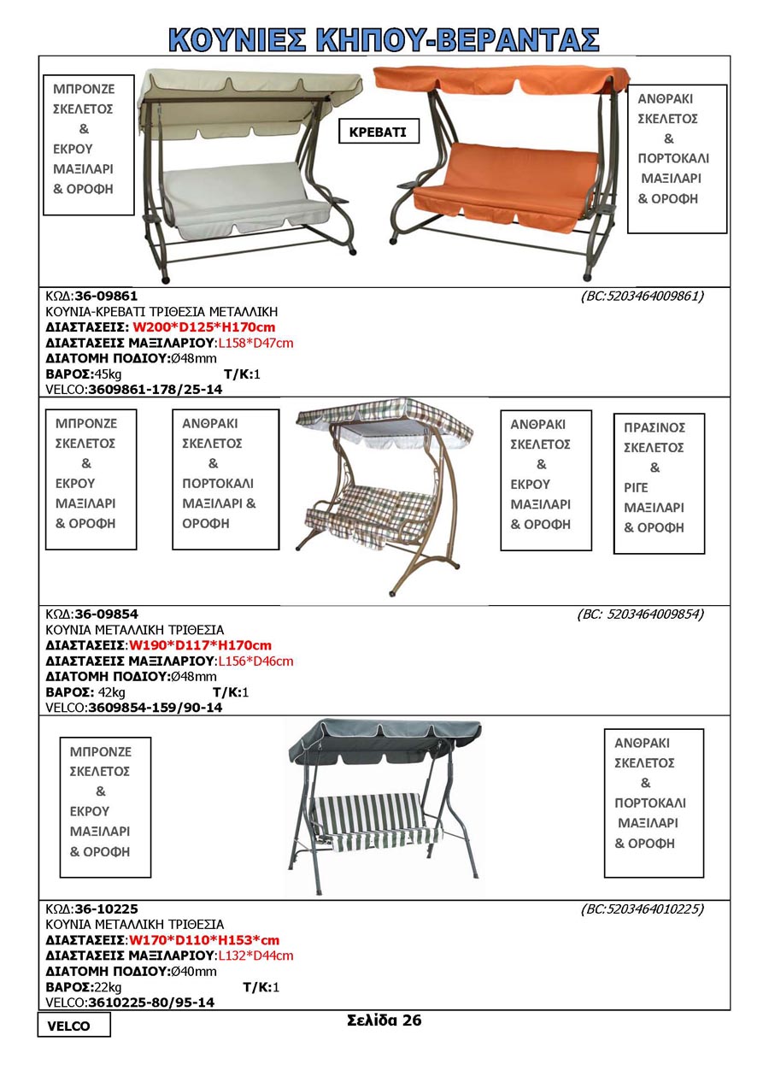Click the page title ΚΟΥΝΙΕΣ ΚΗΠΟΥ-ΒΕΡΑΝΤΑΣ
[x=384, y=38]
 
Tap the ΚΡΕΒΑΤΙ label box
[x=379, y=132]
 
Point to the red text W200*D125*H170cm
[x=203, y=327]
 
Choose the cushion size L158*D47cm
[x=255, y=343]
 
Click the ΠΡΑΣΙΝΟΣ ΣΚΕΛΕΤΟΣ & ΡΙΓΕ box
[x=659, y=483]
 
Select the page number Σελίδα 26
[x=384, y=1020]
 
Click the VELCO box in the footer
[x=73, y=1026]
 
